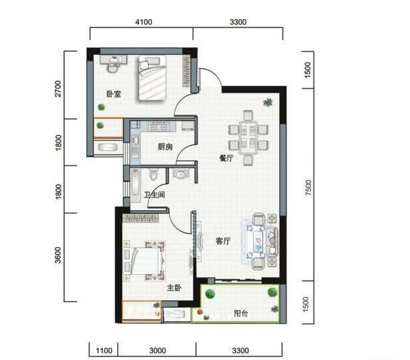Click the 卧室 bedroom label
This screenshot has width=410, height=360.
coord(114,94)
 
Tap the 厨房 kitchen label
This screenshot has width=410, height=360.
coord(165,147)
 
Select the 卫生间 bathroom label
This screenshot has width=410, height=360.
coord(154,195)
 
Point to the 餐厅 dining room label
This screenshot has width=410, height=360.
coord(226,158)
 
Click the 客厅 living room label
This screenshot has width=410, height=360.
coord(223,241)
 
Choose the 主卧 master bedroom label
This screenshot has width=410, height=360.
coord(174,288)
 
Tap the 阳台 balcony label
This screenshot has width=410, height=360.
coord(241,313)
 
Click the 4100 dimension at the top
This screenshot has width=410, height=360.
coord(143,22)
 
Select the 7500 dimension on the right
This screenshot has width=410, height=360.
coord(308,188)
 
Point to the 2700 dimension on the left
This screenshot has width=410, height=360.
coord(58,89)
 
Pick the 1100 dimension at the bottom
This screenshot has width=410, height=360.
coord(104,351)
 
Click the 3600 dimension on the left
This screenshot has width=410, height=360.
coord(58,255)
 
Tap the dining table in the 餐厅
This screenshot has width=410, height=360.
coord(248,138)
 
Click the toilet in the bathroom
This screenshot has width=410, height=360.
coord(153,174)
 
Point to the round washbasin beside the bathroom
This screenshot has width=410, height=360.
coord(180,174)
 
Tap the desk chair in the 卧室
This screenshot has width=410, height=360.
coord(113,67)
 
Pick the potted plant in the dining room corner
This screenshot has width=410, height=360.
coord(267,102)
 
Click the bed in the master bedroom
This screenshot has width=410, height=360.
coord(148,261)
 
